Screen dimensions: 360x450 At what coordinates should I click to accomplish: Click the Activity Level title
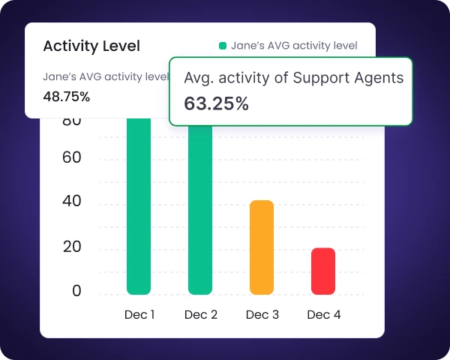pyautogui.click(x=91, y=46)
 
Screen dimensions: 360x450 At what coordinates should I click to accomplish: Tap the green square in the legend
pyautogui.click(x=223, y=46)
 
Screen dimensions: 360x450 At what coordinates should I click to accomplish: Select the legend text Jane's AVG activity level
pyautogui.click(x=294, y=46)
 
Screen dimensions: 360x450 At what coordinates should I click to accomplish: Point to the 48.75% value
pyautogui.click(x=67, y=96)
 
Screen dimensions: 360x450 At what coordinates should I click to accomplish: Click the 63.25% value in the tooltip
pyautogui.click(x=216, y=103)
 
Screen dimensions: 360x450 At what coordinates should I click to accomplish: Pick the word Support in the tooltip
pyautogui.click(x=324, y=77)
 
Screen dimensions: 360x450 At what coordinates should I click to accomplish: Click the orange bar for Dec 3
pyautogui.click(x=262, y=247)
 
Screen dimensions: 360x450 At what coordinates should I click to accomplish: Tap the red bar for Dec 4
pyautogui.click(x=323, y=271)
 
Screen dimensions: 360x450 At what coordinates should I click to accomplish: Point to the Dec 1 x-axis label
pyautogui.click(x=139, y=315)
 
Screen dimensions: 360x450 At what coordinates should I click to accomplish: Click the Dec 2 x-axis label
pyautogui.click(x=201, y=315)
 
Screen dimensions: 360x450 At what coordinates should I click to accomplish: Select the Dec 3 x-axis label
pyautogui.click(x=262, y=315)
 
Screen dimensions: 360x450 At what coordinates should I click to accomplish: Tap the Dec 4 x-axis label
pyautogui.click(x=324, y=315)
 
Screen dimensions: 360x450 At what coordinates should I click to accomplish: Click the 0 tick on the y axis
pyautogui.click(x=76, y=292)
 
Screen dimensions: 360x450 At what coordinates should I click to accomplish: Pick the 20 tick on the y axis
pyautogui.click(x=72, y=247)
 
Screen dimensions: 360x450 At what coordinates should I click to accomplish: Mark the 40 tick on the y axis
pyautogui.click(x=72, y=202)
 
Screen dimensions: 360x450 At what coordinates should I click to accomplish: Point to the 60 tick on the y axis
pyautogui.click(x=72, y=158)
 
